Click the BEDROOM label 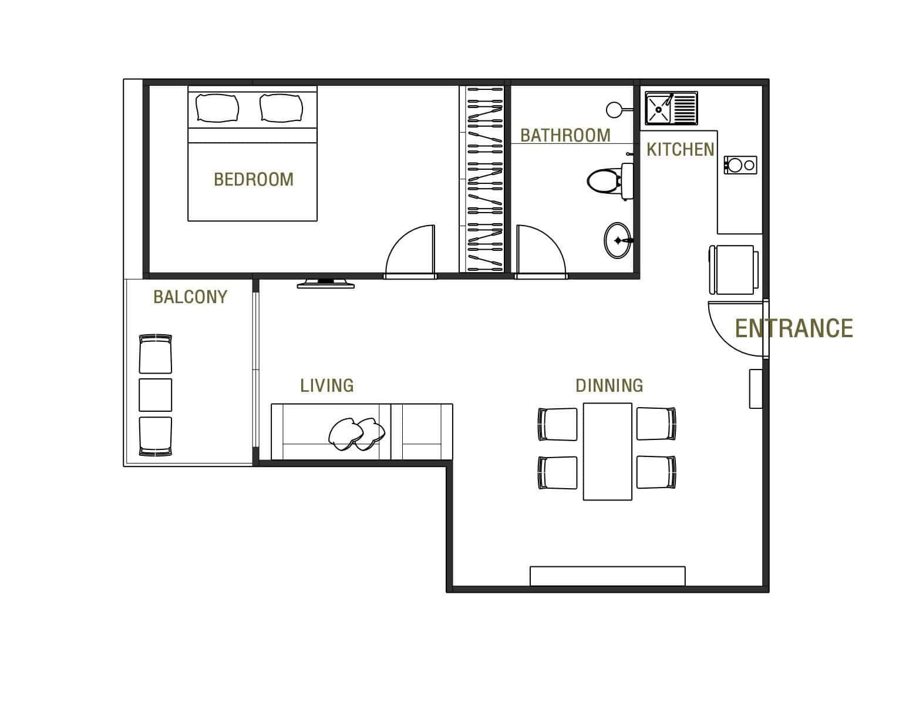[x=254, y=179]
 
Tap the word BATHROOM [x=565, y=136]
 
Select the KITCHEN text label [x=680, y=150]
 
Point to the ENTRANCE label [x=794, y=328]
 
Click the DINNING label [x=609, y=385]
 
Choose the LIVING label [x=327, y=385]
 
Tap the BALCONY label [x=190, y=297]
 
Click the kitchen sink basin [x=659, y=108]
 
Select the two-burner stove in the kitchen [x=740, y=165]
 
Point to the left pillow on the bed [x=218, y=108]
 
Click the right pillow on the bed [x=282, y=108]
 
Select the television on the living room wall [x=325, y=284]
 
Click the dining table [x=608, y=451]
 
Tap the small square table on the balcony [x=156, y=395]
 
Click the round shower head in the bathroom [x=614, y=109]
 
